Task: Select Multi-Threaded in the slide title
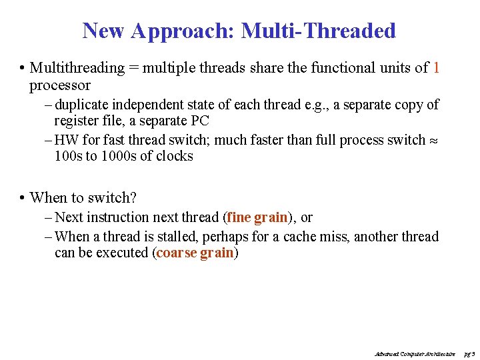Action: (318, 31)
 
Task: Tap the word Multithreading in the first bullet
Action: (77, 68)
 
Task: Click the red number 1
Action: (436, 68)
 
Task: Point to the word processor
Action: (60, 85)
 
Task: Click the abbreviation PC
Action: (200, 121)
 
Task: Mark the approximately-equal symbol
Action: (434, 141)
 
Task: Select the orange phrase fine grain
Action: (257, 217)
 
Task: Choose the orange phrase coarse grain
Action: (195, 253)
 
